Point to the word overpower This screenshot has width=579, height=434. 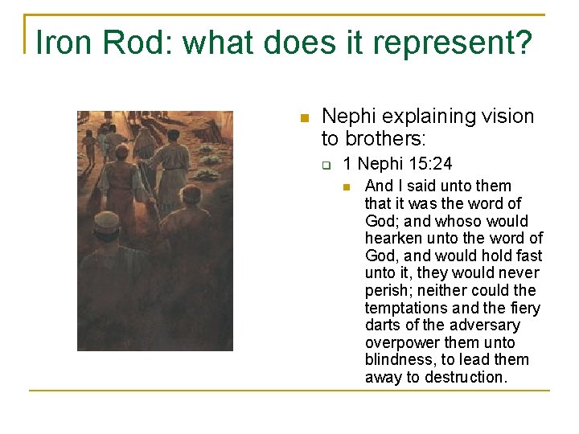point(400,342)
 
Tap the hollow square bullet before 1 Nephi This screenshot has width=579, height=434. point(327,166)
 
